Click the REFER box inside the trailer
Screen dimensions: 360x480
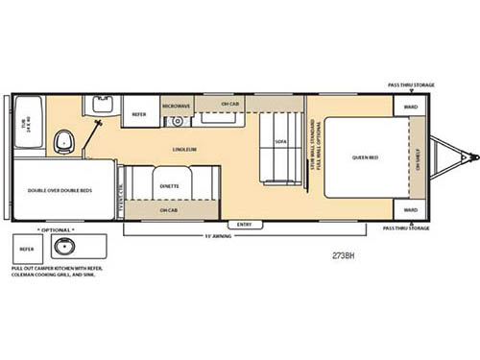click(x=139, y=111)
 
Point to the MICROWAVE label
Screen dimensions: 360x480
click(x=175, y=106)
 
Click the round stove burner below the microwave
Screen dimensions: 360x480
click(x=176, y=121)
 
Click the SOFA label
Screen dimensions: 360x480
click(x=280, y=141)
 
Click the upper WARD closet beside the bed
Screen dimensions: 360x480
click(x=411, y=107)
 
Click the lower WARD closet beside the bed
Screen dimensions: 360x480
click(x=411, y=208)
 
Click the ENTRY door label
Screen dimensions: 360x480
click(x=244, y=225)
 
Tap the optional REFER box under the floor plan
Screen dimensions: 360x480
click(x=27, y=248)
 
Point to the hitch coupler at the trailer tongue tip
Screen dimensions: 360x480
click(x=469, y=156)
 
